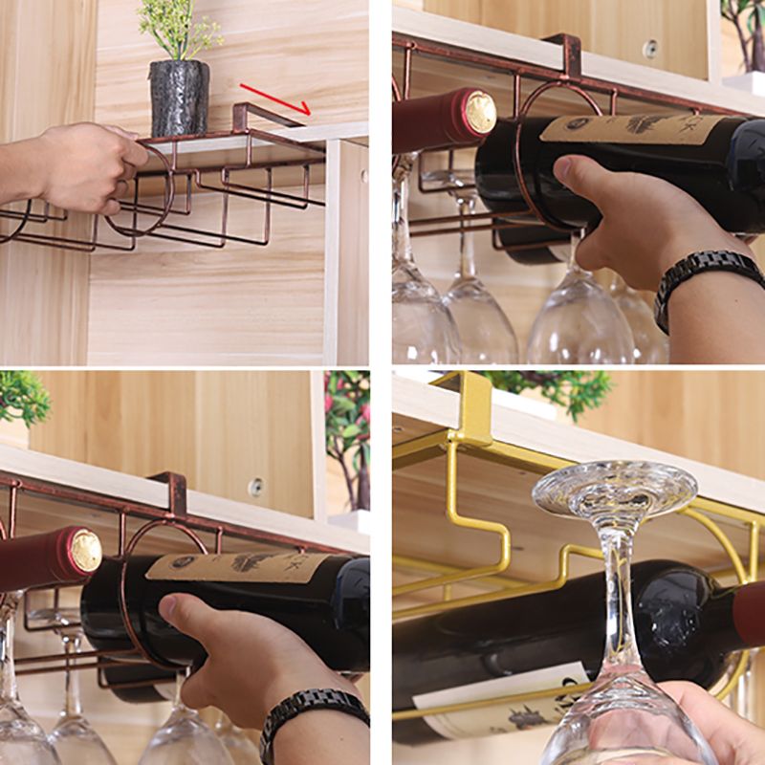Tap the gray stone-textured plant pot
click(x=179, y=98)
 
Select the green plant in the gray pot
click(x=178, y=29)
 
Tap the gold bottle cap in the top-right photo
click(x=480, y=112)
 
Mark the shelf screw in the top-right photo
click(x=650, y=48)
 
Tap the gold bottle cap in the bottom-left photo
click(x=85, y=551)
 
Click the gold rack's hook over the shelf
click(x=473, y=406)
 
